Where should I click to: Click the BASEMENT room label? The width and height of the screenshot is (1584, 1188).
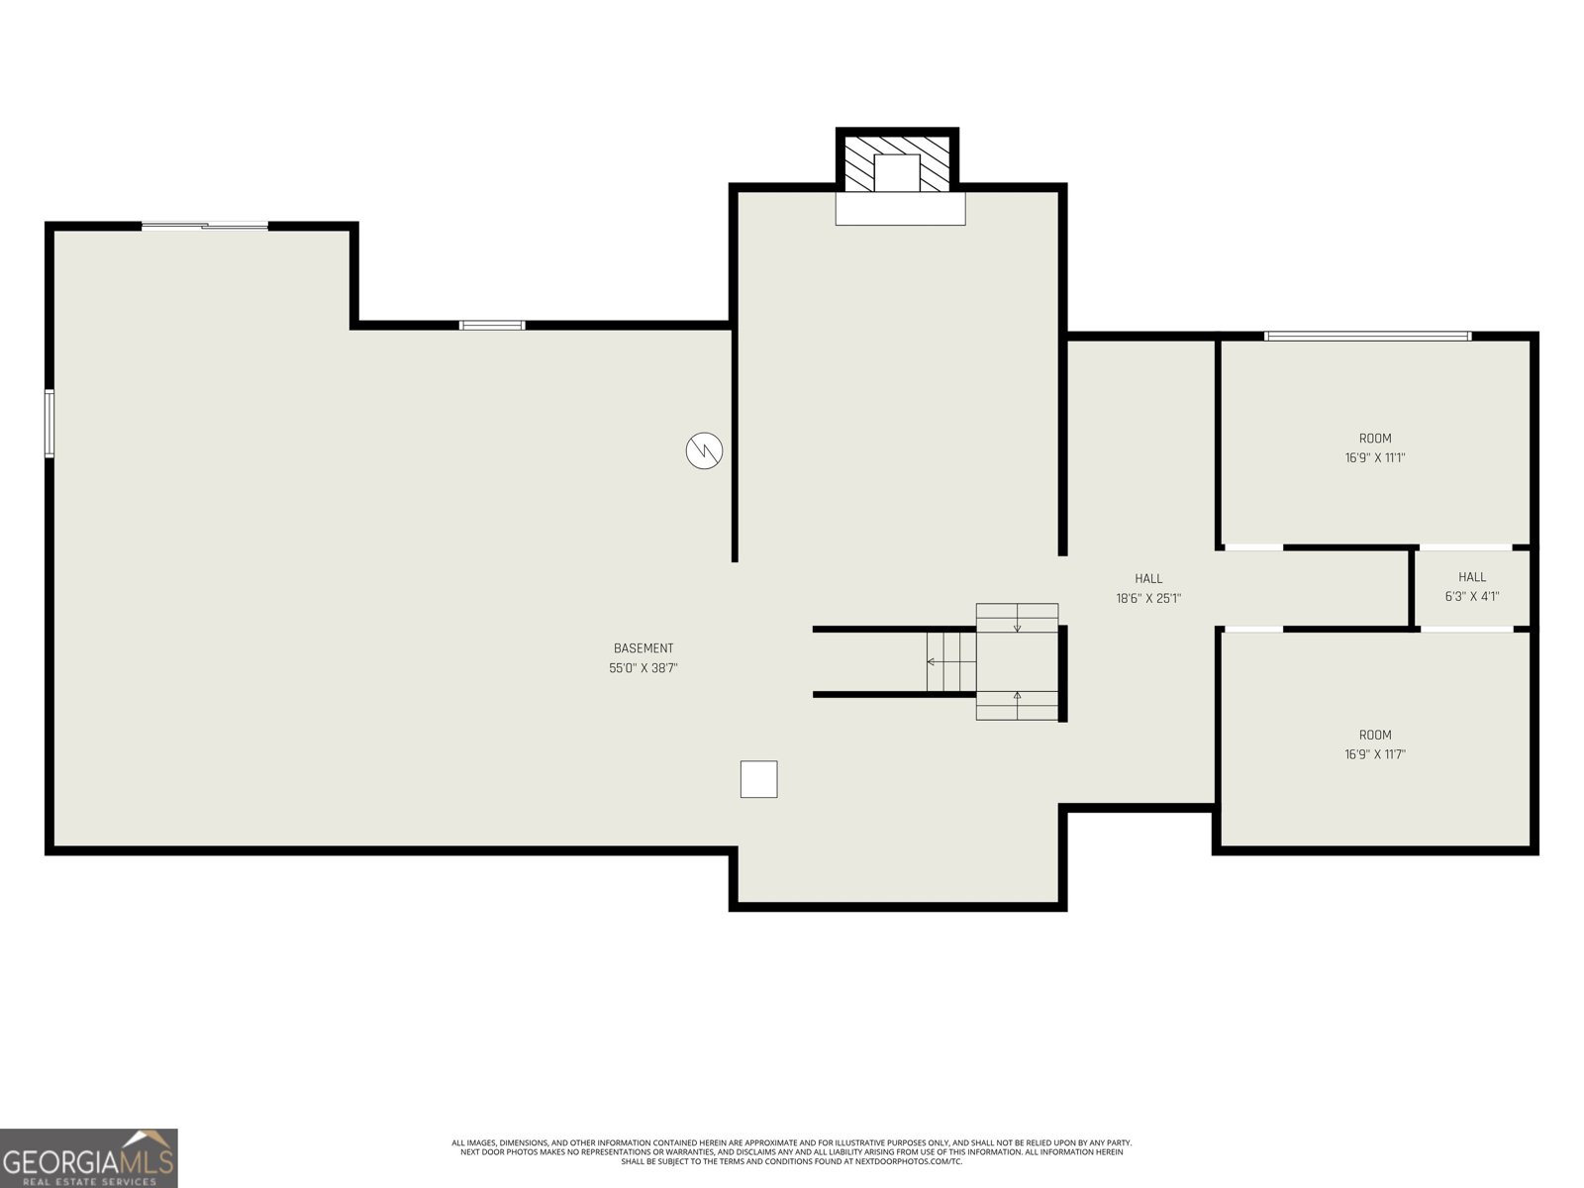coord(643,648)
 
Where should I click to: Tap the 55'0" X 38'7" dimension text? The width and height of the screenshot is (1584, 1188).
coord(643,668)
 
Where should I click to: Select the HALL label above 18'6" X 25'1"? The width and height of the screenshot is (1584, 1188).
coord(1148,578)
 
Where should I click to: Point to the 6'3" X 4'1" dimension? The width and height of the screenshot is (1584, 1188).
coord(1471,597)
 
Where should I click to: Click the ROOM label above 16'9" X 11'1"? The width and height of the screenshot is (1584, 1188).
coord(1375,439)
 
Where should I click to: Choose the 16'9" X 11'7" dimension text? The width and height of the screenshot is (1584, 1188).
coord(1375,754)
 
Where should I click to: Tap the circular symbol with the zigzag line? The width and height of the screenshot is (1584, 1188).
coord(704,450)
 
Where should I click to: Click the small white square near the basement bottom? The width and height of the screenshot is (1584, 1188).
coord(758,779)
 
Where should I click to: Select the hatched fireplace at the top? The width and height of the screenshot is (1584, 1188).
coord(897,160)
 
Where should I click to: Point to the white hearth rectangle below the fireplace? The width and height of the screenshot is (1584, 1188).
coord(900,209)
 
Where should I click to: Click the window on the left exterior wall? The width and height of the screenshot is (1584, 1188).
coord(49,424)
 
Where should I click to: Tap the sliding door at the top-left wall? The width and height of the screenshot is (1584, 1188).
coord(205,226)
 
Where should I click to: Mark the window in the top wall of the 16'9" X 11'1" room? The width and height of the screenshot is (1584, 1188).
coord(1367,337)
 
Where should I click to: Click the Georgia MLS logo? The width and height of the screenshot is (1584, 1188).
coord(89,1158)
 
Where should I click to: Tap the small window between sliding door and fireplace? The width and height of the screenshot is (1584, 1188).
coord(492,326)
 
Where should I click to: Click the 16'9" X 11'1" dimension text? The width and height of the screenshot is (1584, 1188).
coord(1375,458)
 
